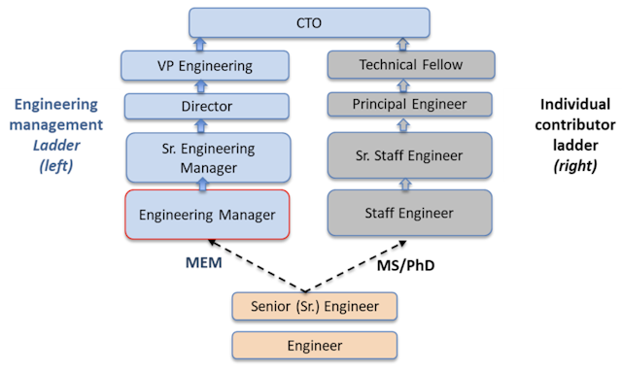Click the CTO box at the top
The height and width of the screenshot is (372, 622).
pos(308,21)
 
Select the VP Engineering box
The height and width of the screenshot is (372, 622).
pos(206,67)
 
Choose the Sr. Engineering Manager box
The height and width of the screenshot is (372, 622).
pos(206,156)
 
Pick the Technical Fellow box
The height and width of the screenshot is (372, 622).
pos(410,66)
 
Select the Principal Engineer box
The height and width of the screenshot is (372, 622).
pos(410,103)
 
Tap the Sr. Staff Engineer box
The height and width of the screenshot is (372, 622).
pos(410,153)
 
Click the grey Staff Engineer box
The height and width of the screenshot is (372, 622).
pos(410,212)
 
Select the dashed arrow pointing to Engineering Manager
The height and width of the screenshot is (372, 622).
pos(254,263)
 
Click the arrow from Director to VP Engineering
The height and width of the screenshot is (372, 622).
pos(206,85)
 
